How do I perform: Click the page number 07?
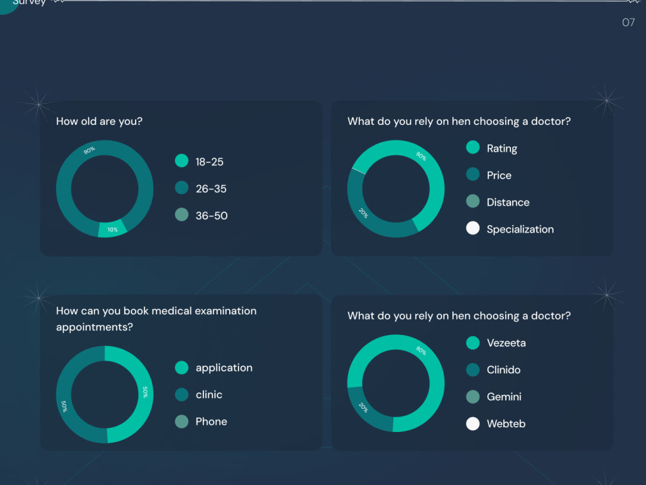tap(629, 22)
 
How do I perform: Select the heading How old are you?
tap(99, 122)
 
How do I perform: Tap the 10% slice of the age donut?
tap(112, 229)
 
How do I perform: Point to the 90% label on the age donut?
tap(89, 150)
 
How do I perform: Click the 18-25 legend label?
tap(209, 162)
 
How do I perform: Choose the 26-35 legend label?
tap(211, 189)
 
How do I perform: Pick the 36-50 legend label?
tap(211, 216)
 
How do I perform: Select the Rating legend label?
tap(502, 149)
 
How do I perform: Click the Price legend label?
tap(499, 175)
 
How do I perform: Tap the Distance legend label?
tap(508, 202)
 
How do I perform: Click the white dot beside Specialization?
tap(473, 228)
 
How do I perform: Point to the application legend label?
tap(224, 368)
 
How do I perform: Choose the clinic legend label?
tap(209, 394)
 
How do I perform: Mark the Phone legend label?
tap(211, 422)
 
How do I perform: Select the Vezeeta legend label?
tap(506, 343)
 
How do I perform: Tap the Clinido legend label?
tap(503, 369)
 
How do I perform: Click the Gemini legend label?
tap(504, 397)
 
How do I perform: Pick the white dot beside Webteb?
tap(473, 424)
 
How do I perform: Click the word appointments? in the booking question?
tap(94, 327)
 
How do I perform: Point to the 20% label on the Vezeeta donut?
tap(363, 407)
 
